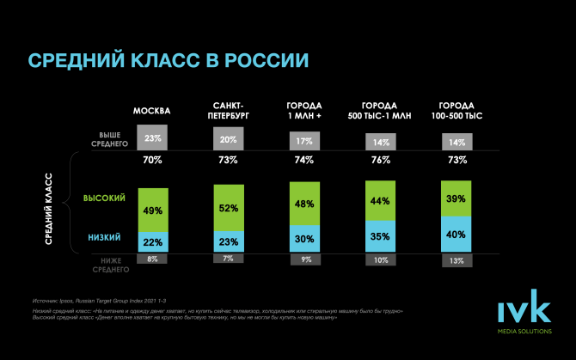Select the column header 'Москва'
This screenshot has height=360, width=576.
point(152,112)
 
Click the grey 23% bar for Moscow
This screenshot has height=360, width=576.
point(153,138)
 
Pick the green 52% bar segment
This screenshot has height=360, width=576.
point(230,208)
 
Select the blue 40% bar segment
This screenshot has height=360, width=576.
point(457,234)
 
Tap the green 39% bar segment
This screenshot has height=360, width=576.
point(457,198)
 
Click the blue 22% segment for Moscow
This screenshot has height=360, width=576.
point(153,241)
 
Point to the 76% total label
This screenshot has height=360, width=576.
point(381,160)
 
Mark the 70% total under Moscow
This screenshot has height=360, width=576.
point(153,160)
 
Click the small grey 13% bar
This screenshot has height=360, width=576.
point(457,259)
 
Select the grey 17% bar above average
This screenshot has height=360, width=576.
point(305,141)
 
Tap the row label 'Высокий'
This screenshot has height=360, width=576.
point(104,198)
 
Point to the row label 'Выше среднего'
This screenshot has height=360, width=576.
point(109,138)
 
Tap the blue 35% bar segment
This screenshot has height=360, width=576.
point(381,235)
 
